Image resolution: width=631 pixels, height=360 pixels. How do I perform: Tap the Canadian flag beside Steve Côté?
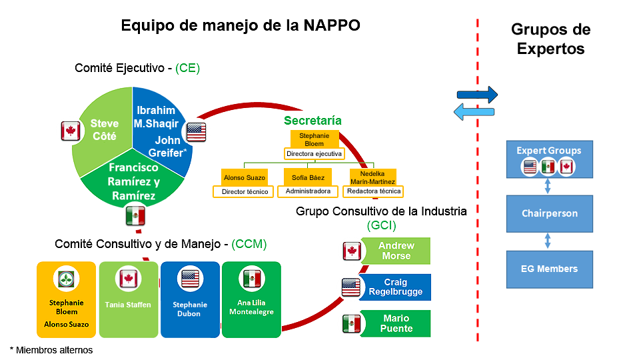(71, 131)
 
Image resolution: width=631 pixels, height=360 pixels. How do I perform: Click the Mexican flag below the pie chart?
(135, 216)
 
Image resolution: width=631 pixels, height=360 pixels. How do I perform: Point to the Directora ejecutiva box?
(315, 154)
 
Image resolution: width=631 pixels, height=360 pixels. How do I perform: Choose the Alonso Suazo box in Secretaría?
(245, 177)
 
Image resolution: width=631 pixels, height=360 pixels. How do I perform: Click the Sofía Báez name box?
(308, 177)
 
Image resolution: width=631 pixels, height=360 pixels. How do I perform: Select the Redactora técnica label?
(373, 191)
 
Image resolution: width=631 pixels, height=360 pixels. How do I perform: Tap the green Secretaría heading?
(313, 121)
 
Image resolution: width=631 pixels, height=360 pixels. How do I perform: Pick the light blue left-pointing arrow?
(474, 111)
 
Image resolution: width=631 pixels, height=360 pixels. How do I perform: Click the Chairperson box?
(549, 214)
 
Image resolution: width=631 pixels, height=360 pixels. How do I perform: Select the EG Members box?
(549, 269)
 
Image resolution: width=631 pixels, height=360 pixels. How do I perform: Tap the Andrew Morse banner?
(396, 251)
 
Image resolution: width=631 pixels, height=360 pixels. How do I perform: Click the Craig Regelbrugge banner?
(395, 287)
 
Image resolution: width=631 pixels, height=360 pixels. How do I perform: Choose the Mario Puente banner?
(396, 323)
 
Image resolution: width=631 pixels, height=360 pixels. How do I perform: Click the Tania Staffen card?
(129, 299)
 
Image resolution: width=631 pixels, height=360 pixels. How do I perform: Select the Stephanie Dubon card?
(190, 299)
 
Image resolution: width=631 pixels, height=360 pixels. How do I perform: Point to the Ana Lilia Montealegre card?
(251, 299)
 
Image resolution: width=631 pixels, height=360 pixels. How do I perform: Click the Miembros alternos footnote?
(51, 351)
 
